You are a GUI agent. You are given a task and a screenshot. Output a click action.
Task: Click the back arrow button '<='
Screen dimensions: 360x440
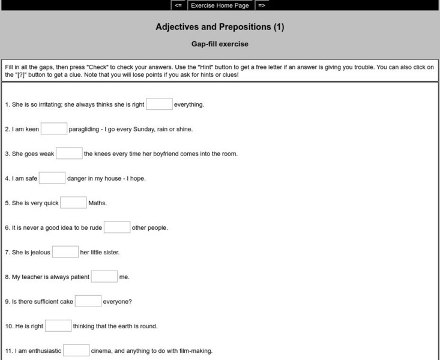[178, 5]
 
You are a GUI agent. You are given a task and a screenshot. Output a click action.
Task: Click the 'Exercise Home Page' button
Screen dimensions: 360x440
[220, 5]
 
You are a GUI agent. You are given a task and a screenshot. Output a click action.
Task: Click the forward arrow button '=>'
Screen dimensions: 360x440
[262, 5]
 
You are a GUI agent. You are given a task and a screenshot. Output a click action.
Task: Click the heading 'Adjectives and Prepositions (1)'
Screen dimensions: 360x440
[220, 27]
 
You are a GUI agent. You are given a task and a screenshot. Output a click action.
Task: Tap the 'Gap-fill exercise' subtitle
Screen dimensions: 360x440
[220, 44]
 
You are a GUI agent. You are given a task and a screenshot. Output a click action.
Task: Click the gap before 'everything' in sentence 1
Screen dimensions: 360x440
[159, 104]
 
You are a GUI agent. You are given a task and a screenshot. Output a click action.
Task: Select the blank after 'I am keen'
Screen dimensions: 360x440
[54, 129]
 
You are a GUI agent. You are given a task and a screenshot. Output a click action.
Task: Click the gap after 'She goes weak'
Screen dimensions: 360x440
[69, 154]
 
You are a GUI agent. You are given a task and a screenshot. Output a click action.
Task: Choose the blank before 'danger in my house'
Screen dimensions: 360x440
[52, 178]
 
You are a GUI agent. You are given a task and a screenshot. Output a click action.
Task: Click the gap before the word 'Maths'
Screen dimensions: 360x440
[74, 203]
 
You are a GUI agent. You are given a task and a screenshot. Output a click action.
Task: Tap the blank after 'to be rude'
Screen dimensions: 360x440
[117, 227]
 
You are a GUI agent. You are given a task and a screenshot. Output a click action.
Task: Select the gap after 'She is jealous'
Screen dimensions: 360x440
[65, 252]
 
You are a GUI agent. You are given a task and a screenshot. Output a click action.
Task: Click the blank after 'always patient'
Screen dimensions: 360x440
[104, 277]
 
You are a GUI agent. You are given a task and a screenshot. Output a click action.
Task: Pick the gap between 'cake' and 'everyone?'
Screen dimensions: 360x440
[88, 301]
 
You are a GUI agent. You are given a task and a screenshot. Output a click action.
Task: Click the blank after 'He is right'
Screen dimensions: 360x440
[58, 326]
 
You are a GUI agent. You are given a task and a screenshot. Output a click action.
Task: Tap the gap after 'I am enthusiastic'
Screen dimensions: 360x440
[76, 350]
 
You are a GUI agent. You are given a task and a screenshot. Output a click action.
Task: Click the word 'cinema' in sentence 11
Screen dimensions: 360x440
[101, 351]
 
